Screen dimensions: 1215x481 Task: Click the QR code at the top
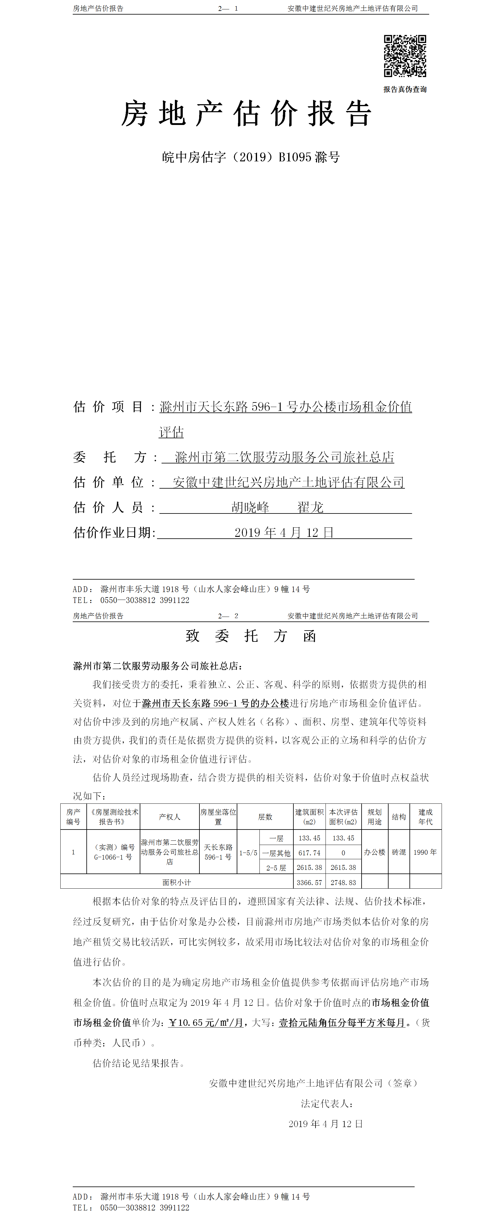[x=405, y=56]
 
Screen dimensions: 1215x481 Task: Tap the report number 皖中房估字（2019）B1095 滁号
[x=251, y=157]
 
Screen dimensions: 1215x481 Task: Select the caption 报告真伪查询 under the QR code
[x=405, y=89]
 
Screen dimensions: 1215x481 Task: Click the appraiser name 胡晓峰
[x=250, y=507]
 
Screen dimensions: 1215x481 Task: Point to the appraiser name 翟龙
[x=310, y=507]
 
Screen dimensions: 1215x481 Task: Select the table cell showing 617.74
[x=309, y=853]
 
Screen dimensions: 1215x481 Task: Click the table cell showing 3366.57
[x=309, y=882]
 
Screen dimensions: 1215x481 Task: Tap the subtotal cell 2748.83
[x=343, y=882]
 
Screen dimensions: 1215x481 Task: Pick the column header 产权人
[x=169, y=817]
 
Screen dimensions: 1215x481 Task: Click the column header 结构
[x=399, y=817]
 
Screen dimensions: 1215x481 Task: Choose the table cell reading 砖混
[x=399, y=852]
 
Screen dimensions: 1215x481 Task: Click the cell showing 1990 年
[x=425, y=852]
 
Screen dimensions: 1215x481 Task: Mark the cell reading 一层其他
[x=276, y=853]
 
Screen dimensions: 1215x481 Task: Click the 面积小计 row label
[x=177, y=882]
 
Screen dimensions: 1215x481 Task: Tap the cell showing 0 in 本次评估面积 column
[x=343, y=853]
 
